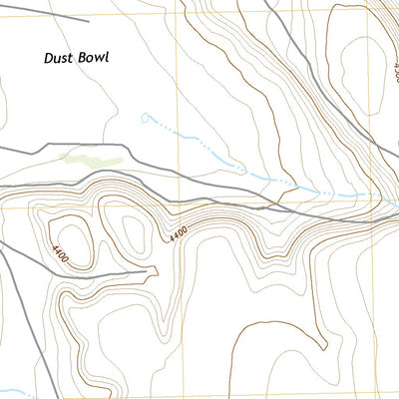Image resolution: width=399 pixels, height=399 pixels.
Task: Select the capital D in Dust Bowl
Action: click(49, 58)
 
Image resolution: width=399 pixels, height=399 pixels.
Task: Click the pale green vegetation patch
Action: click(92, 157)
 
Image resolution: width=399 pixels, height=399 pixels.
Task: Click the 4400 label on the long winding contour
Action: click(178, 234)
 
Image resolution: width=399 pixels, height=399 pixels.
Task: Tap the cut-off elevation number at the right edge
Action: click(395, 71)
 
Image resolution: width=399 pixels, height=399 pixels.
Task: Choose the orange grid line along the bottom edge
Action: click(199, 395)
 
